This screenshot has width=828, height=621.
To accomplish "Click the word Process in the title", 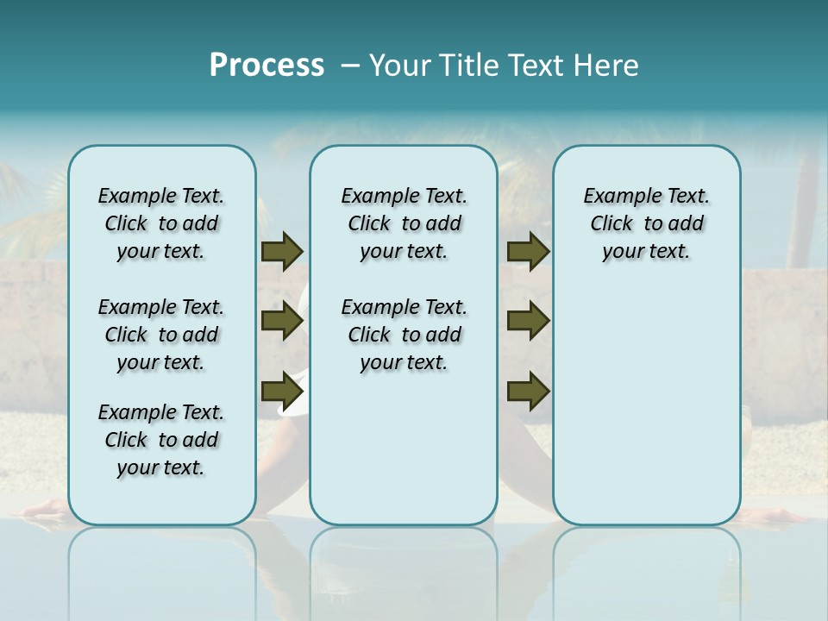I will pyautogui.click(x=267, y=66).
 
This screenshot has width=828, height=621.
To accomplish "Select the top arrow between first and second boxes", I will pyautogui.click(x=281, y=251).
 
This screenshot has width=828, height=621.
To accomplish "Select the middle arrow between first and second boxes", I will pyautogui.click(x=281, y=321).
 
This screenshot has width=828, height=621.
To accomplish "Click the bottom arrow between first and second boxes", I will pyautogui.click(x=281, y=391).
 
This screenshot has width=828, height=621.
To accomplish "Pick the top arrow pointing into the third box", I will pyautogui.click(x=528, y=251).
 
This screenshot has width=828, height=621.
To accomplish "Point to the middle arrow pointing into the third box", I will pyautogui.click(x=528, y=321).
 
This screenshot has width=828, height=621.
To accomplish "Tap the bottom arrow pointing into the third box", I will pyautogui.click(x=528, y=391).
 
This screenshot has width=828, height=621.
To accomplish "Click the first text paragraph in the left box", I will pyautogui.click(x=161, y=223).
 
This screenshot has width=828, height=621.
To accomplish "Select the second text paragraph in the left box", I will pyautogui.click(x=161, y=335).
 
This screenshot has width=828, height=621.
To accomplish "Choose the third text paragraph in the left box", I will pyautogui.click(x=161, y=440).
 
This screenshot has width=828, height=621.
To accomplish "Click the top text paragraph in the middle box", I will pyautogui.click(x=404, y=223).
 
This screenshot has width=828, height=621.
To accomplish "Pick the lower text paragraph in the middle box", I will pyautogui.click(x=404, y=335).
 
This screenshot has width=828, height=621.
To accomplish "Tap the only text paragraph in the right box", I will pyautogui.click(x=646, y=223).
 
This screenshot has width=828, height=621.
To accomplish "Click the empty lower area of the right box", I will pyautogui.click(x=646, y=405).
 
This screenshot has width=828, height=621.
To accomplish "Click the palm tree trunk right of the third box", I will pyautogui.click(x=803, y=216).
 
